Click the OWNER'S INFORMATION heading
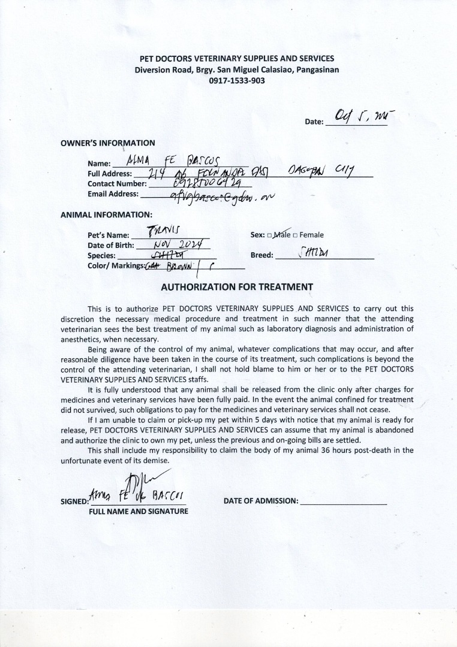108,143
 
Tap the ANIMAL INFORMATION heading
106,214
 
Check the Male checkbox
270,235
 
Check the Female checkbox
294,235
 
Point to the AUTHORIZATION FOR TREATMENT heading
237,287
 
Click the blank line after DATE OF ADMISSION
343,501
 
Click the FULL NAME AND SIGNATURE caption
138,512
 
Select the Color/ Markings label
115,265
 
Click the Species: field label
101,255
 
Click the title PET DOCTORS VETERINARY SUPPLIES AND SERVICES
237,59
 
